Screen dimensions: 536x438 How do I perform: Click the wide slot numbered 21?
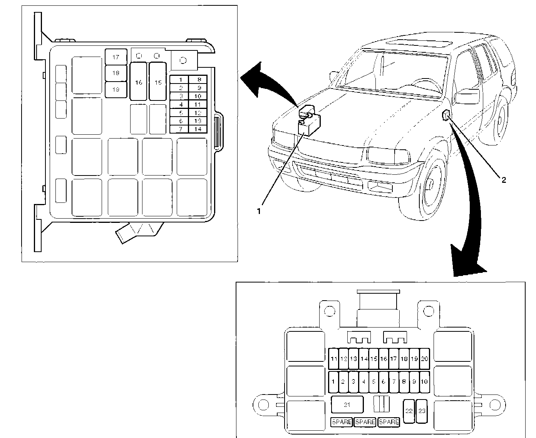347,405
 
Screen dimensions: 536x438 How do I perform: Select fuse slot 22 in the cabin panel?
409,411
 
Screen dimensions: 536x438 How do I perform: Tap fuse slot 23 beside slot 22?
422,411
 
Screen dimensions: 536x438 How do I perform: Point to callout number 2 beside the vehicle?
503,179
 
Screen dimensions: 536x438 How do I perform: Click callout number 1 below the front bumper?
260,211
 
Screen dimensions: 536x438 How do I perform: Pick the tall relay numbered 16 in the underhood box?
139,82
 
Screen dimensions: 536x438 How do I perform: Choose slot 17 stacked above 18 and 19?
116,57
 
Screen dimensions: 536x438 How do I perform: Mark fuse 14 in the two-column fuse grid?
198,129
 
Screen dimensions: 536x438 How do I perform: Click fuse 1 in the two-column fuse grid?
180,80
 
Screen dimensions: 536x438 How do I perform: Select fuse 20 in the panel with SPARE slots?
424,359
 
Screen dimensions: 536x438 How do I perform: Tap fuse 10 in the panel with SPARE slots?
424,382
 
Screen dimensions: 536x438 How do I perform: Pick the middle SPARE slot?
365,422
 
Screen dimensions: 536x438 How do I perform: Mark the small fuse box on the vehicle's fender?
447,115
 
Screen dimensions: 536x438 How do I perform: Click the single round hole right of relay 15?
184,60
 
